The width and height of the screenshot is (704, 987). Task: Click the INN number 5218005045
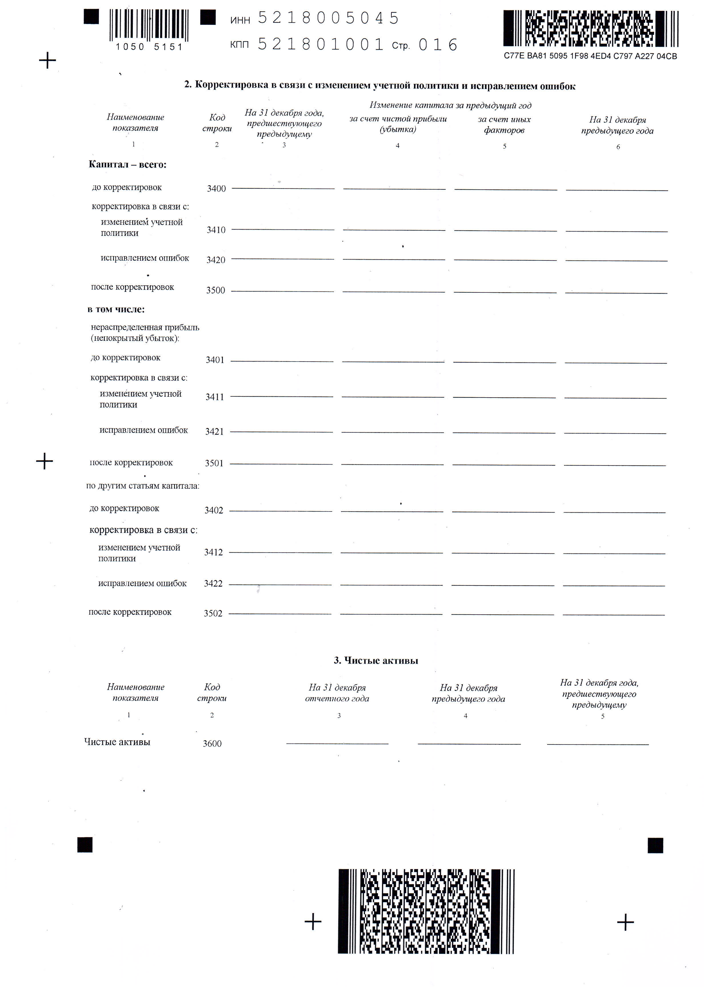click(x=328, y=18)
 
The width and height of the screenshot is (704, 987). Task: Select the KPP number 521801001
click(x=321, y=44)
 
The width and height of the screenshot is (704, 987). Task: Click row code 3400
click(x=216, y=188)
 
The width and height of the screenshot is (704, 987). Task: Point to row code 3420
click(x=216, y=260)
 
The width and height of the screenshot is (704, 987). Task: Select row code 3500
click(x=215, y=290)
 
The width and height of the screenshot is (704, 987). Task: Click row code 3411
click(x=215, y=397)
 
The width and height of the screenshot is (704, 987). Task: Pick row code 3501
click(x=214, y=463)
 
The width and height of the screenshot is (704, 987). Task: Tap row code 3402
click(x=214, y=510)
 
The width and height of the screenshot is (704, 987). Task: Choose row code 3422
click(x=213, y=584)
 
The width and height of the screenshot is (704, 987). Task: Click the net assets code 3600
click(x=212, y=743)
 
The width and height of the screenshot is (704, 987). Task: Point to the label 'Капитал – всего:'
click(x=127, y=165)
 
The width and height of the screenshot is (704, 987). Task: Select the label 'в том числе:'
click(x=116, y=309)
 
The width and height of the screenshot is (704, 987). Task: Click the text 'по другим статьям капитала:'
click(x=143, y=486)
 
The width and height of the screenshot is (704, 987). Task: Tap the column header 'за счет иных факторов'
click(x=504, y=125)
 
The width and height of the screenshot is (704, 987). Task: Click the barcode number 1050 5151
click(x=149, y=47)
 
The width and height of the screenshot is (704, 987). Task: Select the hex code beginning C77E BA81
click(x=590, y=56)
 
